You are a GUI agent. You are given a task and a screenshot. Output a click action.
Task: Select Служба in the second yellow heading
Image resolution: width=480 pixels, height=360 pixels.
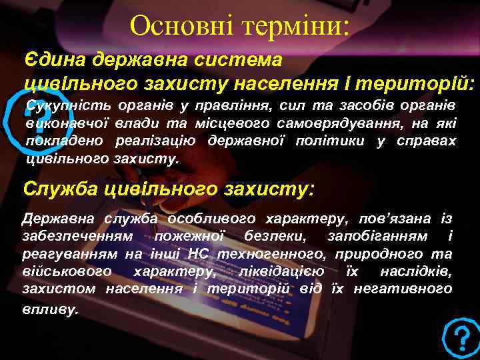(x=57, y=189)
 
